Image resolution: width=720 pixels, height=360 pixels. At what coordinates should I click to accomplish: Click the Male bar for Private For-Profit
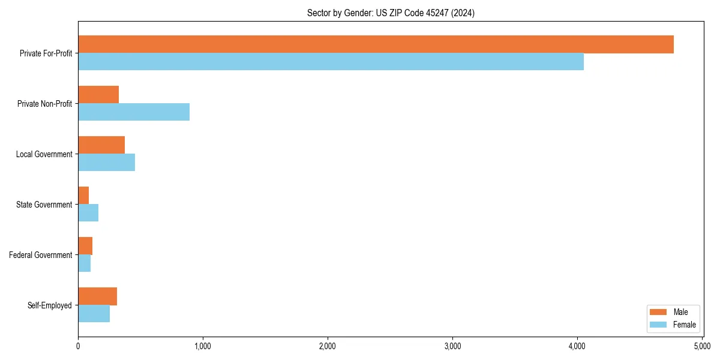tap(376, 44)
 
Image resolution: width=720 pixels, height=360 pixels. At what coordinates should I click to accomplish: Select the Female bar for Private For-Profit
tap(331, 62)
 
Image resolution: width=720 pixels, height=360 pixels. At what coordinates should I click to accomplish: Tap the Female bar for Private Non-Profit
tap(134, 112)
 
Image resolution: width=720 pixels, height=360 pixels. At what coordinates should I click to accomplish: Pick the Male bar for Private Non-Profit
tap(98, 95)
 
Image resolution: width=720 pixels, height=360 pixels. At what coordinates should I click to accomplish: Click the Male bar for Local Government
tap(101, 145)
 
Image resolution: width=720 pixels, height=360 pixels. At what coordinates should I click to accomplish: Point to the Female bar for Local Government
tap(106, 163)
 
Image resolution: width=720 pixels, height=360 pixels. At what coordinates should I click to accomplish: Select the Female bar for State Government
tap(88, 213)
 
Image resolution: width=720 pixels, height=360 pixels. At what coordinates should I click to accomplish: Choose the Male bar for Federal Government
tap(85, 246)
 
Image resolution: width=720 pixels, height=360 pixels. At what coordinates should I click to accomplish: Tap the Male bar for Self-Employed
tap(97, 296)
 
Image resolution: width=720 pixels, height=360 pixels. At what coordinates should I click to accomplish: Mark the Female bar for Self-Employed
tap(94, 314)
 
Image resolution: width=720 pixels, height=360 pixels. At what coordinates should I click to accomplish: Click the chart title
tap(391, 13)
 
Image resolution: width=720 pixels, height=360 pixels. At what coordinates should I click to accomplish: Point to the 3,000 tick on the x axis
tap(452, 346)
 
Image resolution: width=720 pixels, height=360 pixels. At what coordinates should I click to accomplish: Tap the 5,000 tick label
tap(702, 346)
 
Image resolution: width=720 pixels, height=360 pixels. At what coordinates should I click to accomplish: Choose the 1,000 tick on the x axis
tap(203, 346)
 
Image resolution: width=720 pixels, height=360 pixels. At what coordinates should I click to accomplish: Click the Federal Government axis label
tap(41, 255)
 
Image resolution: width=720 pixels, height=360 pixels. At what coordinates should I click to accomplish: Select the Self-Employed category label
tap(50, 305)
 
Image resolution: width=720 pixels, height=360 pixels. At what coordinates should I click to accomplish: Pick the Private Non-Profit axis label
tap(44, 104)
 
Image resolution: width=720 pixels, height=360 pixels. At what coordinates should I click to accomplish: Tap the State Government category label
tap(44, 205)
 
